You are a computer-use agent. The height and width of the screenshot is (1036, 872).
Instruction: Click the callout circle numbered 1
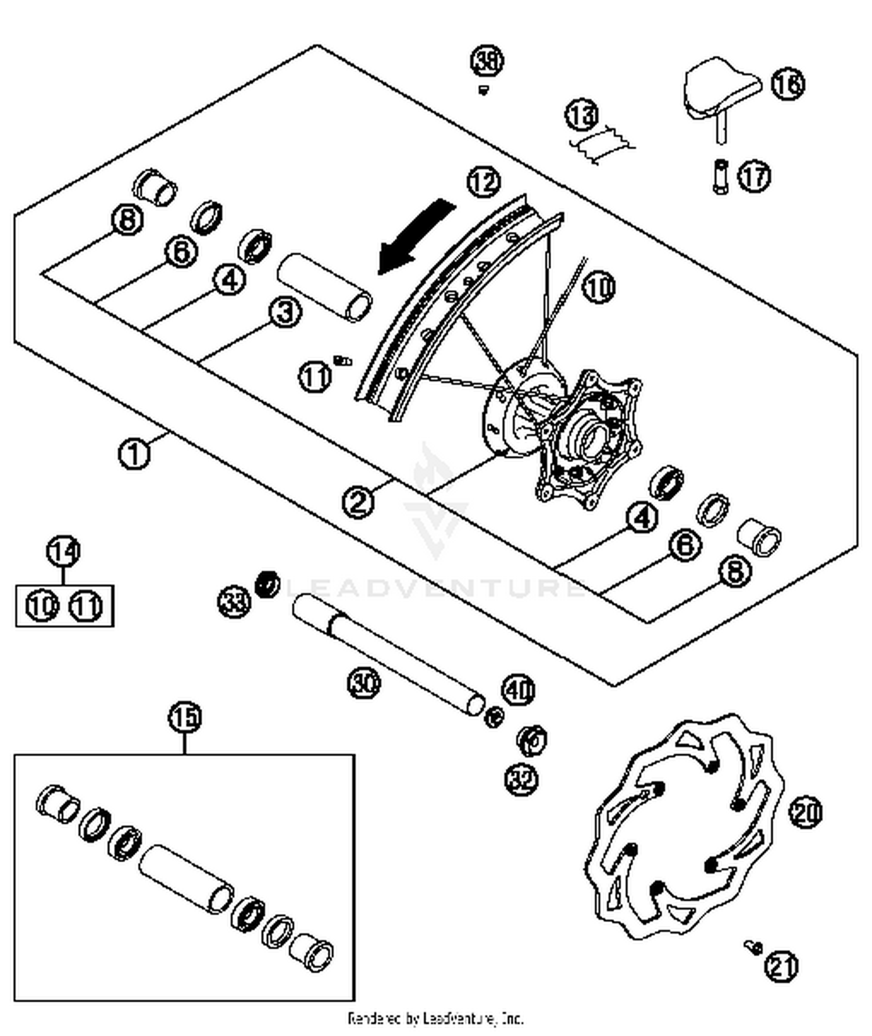click(x=134, y=453)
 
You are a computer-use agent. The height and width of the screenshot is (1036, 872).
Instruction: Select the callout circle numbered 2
click(x=358, y=501)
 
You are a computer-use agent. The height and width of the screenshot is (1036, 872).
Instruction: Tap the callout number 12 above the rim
click(x=484, y=182)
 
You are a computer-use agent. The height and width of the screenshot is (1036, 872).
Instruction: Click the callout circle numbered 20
click(x=806, y=812)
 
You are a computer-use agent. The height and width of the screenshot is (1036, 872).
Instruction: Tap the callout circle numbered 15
click(x=185, y=717)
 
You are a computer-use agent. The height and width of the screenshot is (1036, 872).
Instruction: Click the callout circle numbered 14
click(x=63, y=551)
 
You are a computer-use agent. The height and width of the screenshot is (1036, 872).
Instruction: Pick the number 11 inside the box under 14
click(x=86, y=606)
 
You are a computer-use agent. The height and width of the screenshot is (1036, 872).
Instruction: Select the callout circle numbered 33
click(x=234, y=601)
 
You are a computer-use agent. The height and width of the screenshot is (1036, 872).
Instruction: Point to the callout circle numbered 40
click(x=518, y=690)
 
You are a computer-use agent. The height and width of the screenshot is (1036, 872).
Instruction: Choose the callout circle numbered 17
click(x=755, y=176)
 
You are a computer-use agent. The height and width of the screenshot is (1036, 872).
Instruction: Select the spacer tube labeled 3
click(x=324, y=288)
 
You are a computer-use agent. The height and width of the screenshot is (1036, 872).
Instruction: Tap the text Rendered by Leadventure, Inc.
click(x=435, y=1018)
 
